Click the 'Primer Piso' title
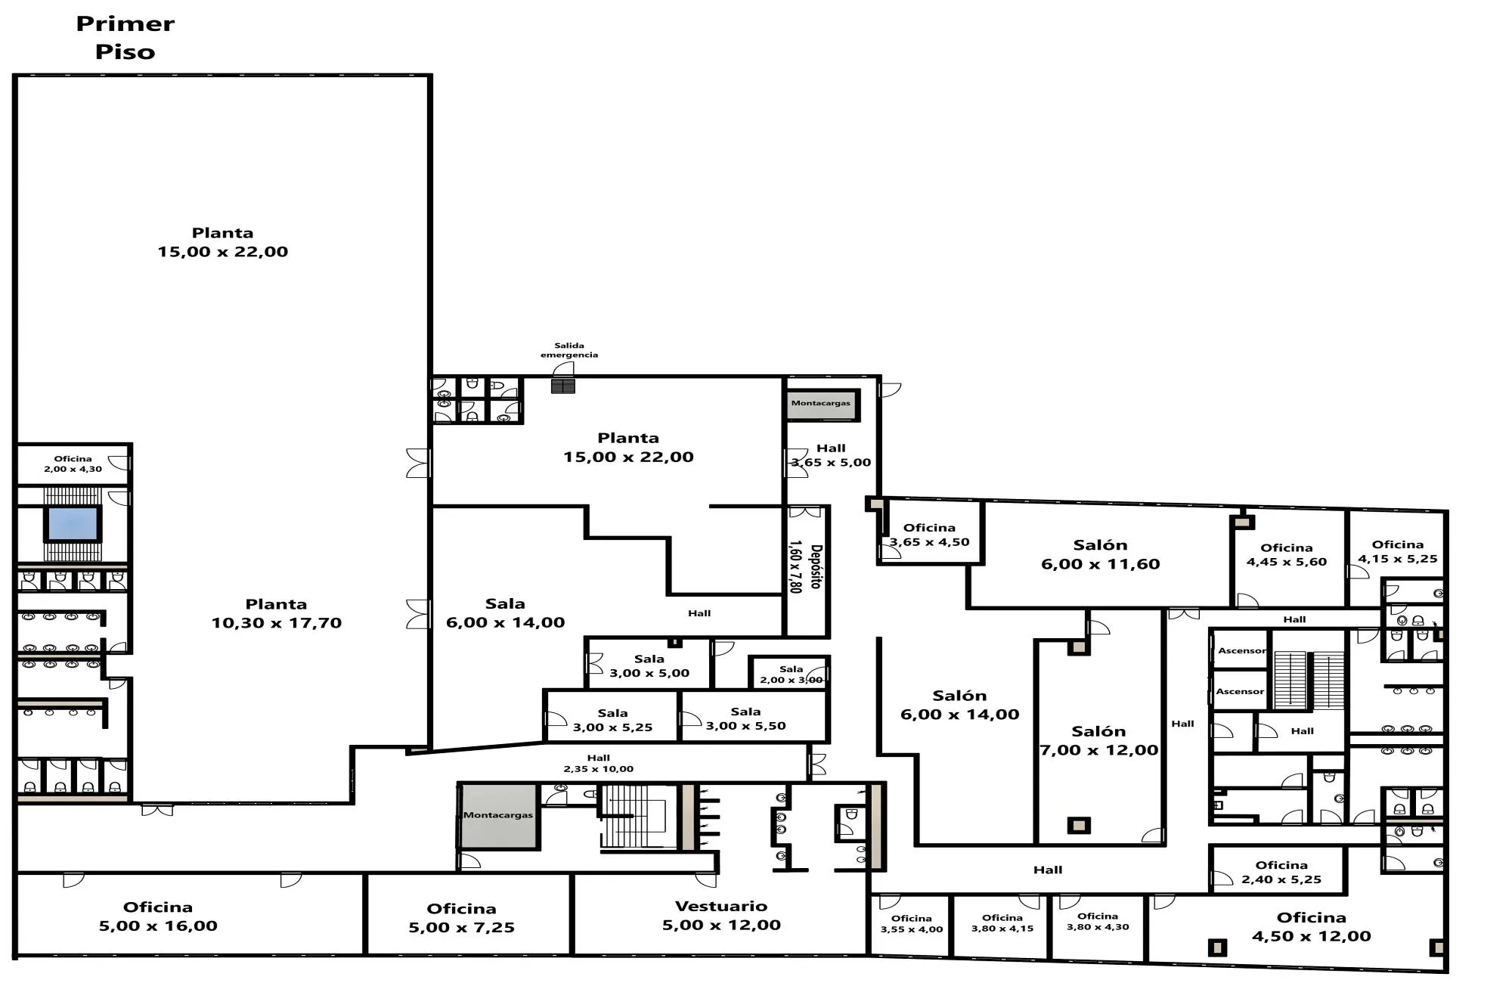tap(125, 38)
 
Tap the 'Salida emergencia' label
tap(569, 350)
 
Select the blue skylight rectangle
tap(73, 523)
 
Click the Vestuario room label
tap(721, 916)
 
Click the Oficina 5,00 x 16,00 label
tap(158, 916)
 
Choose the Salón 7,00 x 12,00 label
tap(1098, 741)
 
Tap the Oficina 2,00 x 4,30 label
tap(73, 464)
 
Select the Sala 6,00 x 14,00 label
tap(505, 613)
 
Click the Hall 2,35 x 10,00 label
tap(598, 763)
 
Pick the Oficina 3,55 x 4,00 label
tap(911, 924)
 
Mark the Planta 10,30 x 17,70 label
tap(276, 613)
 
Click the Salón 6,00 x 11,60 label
tap(1100, 554)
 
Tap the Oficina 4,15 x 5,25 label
tap(1397, 551)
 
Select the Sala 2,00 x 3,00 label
tap(791, 674)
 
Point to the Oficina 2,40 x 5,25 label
tap(1281, 872)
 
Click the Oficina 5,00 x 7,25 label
tap(461, 918)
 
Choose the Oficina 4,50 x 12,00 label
tap(1311, 926)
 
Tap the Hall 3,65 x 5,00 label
tap(831, 455)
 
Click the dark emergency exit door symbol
tap(562, 386)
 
